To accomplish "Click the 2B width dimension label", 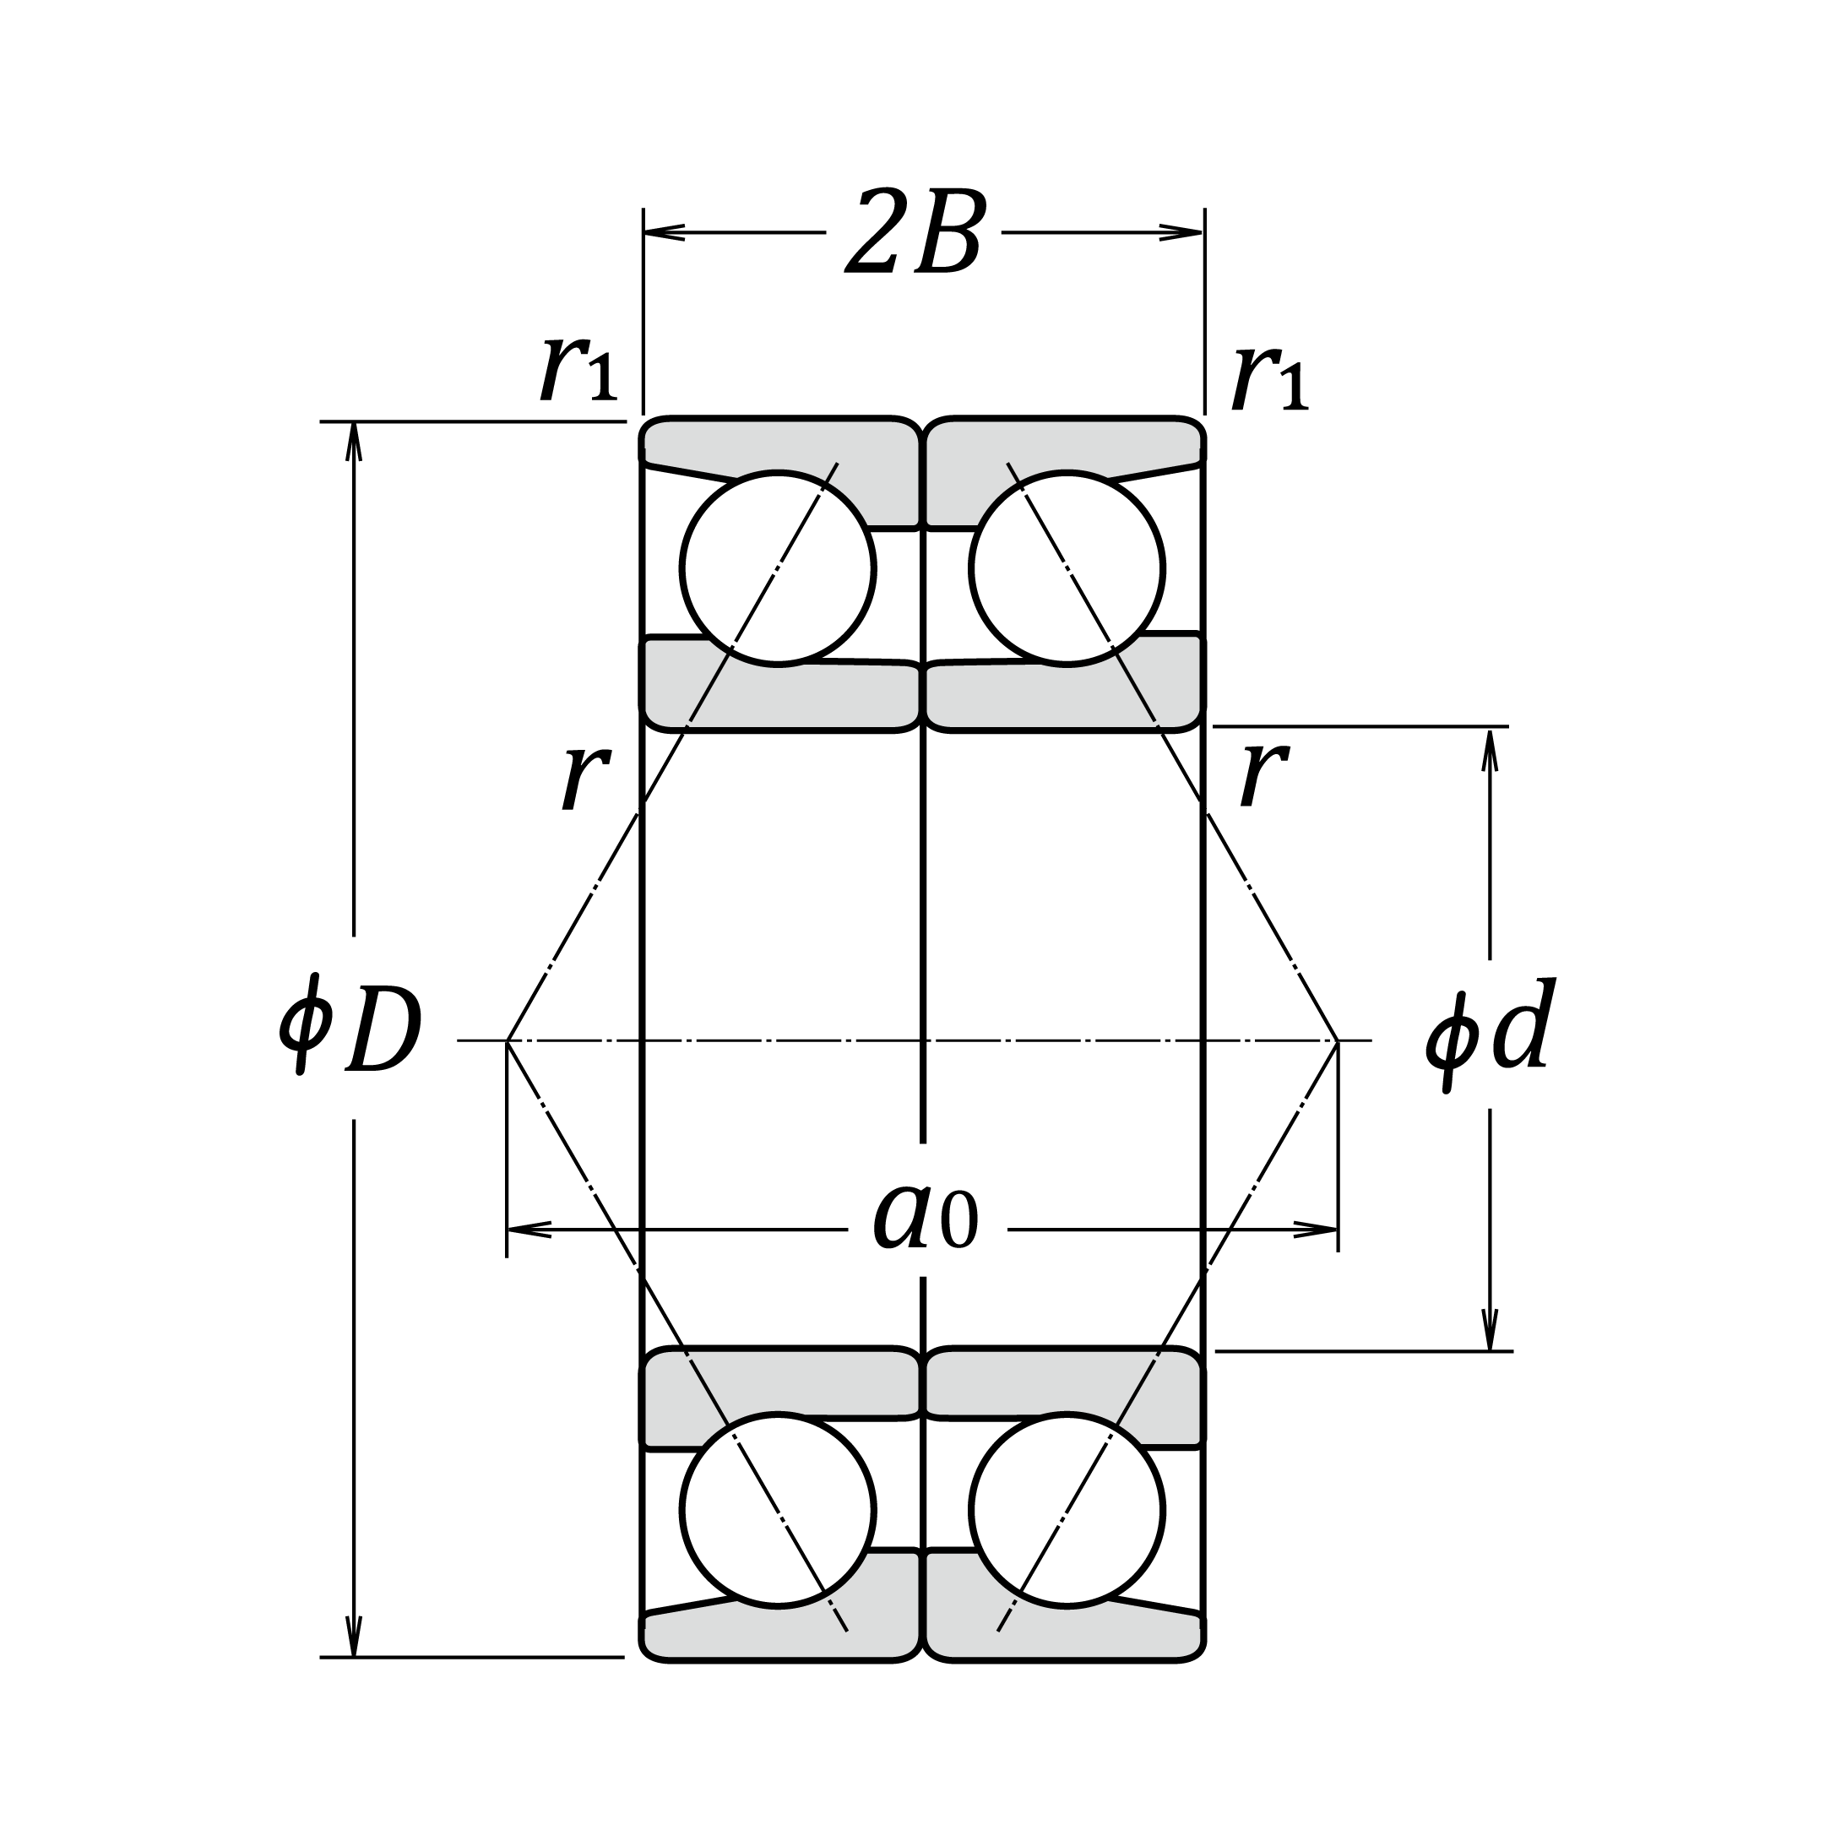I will click(x=914, y=233).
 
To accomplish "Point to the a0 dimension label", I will click(x=925, y=1221).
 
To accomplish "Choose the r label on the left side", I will click(x=585, y=777).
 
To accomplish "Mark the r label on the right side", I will click(x=1263, y=774).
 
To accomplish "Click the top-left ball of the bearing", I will click(x=778, y=568).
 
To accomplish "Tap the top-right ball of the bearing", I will click(x=1067, y=568).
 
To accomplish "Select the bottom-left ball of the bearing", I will click(x=778, y=1511).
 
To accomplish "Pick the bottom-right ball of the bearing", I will click(x=1067, y=1511).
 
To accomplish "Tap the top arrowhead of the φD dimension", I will click(x=354, y=441).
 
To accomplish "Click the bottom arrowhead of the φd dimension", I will click(x=1490, y=1330).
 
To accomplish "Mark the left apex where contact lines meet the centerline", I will click(x=508, y=1041).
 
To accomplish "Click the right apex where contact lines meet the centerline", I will click(x=1338, y=1041).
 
